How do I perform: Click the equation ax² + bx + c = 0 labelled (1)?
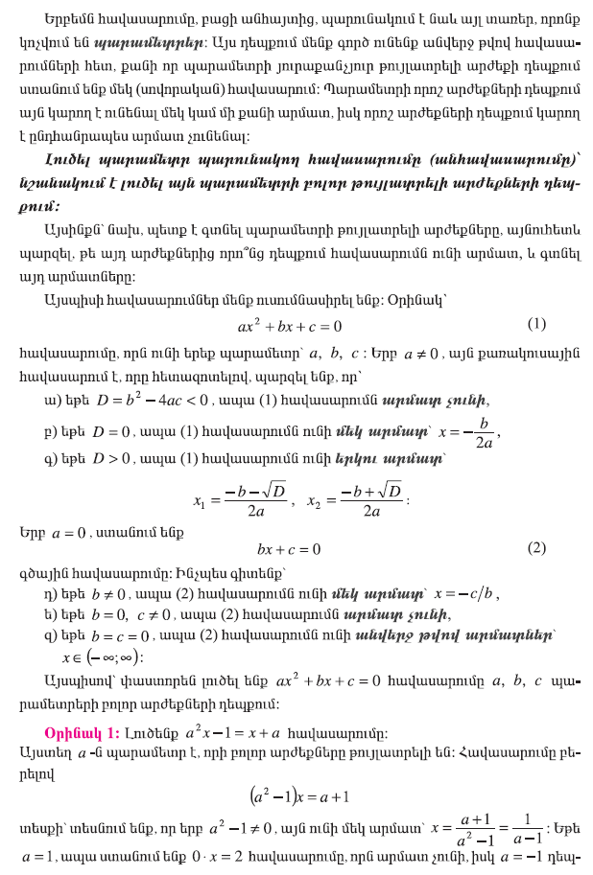(x=290, y=326)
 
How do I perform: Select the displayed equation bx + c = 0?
(x=288, y=549)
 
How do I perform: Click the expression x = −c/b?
(x=467, y=592)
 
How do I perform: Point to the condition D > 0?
(x=111, y=460)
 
